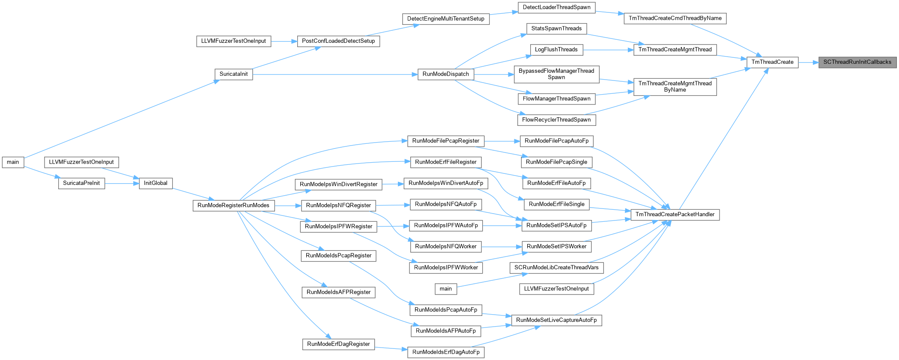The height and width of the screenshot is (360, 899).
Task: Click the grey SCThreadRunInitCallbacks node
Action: [x=857, y=62]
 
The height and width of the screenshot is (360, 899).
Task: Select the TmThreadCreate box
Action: [x=772, y=62]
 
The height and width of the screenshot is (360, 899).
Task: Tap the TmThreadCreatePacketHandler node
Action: [x=675, y=214]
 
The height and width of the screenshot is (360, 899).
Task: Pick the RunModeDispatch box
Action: [x=445, y=74]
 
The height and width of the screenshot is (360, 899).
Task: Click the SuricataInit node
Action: [x=233, y=74]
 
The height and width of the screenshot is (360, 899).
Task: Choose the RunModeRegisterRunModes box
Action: [x=233, y=205]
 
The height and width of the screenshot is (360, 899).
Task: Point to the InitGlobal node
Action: [x=155, y=183]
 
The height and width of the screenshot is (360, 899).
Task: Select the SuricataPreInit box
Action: [x=81, y=183]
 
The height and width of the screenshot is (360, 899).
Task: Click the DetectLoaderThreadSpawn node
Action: [x=556, y=7]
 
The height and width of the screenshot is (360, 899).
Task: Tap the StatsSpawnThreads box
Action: [x=556, y=29]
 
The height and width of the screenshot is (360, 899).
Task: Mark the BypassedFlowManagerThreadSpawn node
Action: [x=556, y=74]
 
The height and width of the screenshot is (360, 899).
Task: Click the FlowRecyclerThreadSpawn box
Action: [x=556, y=120]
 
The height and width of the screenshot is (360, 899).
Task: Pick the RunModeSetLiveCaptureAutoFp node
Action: [x=556, y=320]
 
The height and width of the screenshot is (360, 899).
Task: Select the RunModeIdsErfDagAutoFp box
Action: [x=445, y=352]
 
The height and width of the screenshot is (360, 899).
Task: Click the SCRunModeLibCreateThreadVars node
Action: [x=556, y=268]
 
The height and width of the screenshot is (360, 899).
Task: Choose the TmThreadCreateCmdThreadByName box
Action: [x=675, y=18]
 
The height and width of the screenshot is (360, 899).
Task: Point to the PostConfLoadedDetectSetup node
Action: [x=338, y=41]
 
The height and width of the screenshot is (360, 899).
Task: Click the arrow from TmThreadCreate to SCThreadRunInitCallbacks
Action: [x=809, y=62]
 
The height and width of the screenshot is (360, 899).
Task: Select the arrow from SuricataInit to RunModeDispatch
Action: [x=335, y=74]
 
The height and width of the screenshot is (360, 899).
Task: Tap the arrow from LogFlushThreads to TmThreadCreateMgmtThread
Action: [x=608, y=50]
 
